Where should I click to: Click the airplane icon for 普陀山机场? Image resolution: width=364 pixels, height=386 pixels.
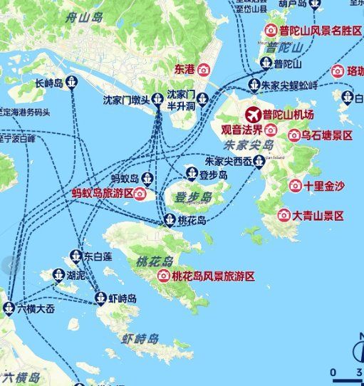[x=252, y=115]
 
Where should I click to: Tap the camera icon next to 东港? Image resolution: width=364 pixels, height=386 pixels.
[x=204, y=70]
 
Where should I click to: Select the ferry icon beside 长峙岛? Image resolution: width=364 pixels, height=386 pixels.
[x=71, y=83]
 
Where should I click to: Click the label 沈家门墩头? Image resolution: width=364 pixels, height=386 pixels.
[x=127, y=99]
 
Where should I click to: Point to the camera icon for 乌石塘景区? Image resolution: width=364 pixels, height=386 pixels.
[x=293, y=135]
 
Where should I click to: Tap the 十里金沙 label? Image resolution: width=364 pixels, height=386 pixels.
[x=323, y=186]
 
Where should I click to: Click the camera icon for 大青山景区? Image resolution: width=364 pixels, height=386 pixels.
[x=284, y=214]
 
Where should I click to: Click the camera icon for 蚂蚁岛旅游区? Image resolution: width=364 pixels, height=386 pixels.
[x=140, y=193]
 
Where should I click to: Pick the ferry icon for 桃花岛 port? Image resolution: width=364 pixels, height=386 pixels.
[x=170, y=220]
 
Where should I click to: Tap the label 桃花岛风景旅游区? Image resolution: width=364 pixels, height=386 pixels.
[x=212, y=276]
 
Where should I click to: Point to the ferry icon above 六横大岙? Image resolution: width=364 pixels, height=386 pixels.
[x=9, y=308]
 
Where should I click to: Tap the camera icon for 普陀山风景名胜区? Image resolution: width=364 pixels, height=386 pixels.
[x=271, y=31]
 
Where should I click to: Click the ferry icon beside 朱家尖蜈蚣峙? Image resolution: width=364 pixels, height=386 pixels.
[x=254, y=85]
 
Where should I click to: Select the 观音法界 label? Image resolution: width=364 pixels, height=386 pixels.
[x=241, y=130]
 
